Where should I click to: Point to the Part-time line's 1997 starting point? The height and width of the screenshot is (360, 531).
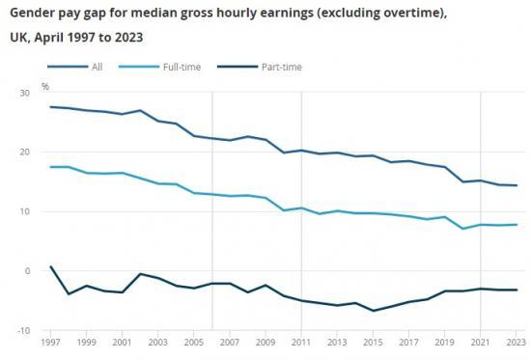coord(51,266)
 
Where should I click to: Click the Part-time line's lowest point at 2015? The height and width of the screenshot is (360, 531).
coord(373,311)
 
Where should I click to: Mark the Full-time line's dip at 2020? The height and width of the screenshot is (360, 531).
coord(461,229)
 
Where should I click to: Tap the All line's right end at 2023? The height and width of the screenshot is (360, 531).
coord(517,185)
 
